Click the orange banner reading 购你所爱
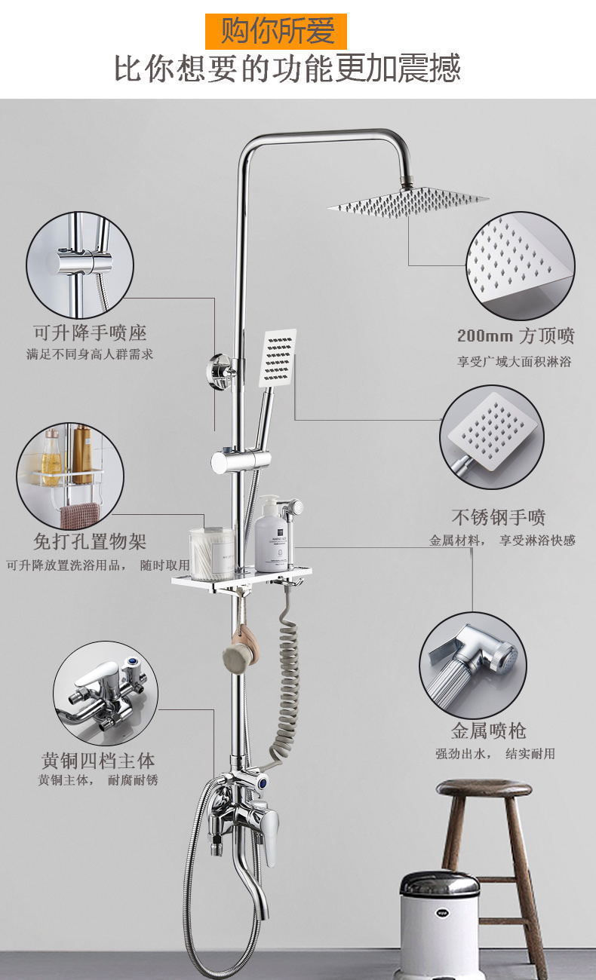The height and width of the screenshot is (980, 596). pyautogui.click(x=276, y=32)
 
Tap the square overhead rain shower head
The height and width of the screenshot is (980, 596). pyautogui.click(x=407, y=201)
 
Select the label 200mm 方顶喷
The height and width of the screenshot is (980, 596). pyautogui.click(x=515, y=335)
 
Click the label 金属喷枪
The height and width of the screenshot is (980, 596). pyautogui.click(x=488, y=730)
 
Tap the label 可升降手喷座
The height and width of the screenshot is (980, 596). pyautogui.click(x=90, y=332)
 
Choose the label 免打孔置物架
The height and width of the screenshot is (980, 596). pyautogui.click(x=90, y=541)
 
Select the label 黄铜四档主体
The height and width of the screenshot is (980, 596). pyautogui.click(x=98, y=759)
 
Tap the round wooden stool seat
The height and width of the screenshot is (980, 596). pyautogui.click(x=484, y=789)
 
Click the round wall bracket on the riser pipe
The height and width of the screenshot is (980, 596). pyautogui.click(x=222, y=371)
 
